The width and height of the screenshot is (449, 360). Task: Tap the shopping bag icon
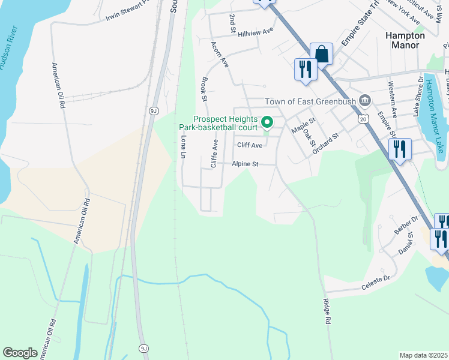click(x=322, y=53)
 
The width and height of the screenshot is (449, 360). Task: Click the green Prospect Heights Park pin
click(x=267, y=123)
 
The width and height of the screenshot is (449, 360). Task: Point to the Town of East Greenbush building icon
click(x=364, y=100)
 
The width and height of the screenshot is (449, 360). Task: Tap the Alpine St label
click(x=245, y=164)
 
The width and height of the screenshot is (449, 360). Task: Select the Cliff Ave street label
click(x=250, y=145)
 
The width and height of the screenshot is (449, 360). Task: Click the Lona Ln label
click(x=183, y=146)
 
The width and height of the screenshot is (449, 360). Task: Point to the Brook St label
click(x=204, y=88)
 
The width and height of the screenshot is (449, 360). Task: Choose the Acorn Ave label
click(x=220, y=53)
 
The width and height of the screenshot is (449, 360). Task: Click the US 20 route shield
click(x=364, y=119)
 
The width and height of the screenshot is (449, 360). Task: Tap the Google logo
click(x=20, y=353)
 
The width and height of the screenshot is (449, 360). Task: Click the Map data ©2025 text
click(x=423, y=355)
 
